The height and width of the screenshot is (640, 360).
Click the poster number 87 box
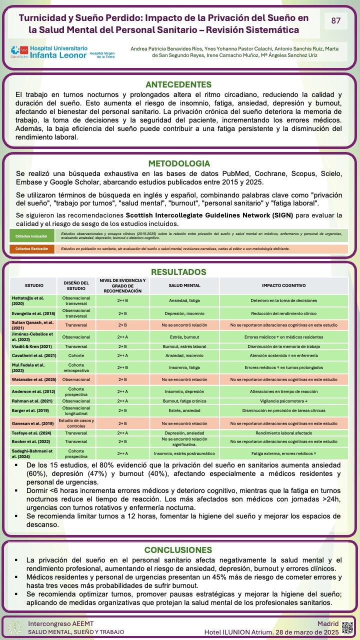click(336, 21)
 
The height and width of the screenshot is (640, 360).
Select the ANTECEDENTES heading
click(178, 85)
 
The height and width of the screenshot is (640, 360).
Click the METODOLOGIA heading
click(179, 163)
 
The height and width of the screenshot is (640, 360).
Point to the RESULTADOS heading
click(178, 272)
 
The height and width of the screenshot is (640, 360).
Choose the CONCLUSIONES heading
click(178, 550)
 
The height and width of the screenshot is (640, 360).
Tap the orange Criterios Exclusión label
click(32, 248)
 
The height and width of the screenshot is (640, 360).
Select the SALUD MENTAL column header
click(184, 285)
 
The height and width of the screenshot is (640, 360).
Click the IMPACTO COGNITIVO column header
click(283, 285)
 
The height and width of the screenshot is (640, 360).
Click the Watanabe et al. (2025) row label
click(33, 379)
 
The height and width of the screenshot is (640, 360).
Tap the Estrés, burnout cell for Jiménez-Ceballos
click(184, 337)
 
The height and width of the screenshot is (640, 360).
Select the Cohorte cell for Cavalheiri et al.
click(76, 355)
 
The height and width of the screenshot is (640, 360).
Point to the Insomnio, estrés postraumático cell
click(184, 453)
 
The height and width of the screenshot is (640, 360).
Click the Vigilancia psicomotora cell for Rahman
click(283, 400)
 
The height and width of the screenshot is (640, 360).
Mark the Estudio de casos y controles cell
click(76, 422)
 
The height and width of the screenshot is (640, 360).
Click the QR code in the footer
click(347, 627)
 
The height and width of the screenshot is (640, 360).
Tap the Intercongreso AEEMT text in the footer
click(60, 623)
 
